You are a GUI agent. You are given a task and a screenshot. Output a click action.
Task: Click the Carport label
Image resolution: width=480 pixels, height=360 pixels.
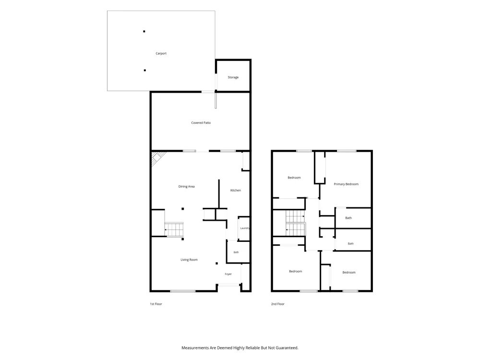pyautogui.click(x=161, y=53)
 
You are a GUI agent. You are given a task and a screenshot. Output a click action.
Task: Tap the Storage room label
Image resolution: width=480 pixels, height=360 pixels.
pyautogui.click(x=233, y=77)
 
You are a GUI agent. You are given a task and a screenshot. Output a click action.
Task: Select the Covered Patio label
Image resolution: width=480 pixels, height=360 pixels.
pyautogui.click(x=201, y=123)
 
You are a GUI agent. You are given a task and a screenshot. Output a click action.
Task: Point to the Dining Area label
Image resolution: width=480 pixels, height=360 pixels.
pyautogui.click(x=186, y=186)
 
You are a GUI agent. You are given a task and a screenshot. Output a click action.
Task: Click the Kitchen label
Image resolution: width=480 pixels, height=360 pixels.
pyautogui.click(x=235, y=191)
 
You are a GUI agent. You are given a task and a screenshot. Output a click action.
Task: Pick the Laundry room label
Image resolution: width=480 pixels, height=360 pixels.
pyautogui.click(x=245, y=228)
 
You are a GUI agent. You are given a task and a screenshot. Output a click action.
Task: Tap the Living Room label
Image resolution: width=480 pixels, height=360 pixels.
pyautogui.click(x=189, y=260)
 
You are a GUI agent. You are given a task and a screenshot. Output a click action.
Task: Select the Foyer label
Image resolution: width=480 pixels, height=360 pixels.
pyautogui.click(x=228, y=274)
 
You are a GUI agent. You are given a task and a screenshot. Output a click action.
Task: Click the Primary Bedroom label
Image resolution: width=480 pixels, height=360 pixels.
pyautogui.click(x=346, y=184)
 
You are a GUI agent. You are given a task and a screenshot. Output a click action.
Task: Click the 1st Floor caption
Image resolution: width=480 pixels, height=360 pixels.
pyautogui.click(x=156, y=304)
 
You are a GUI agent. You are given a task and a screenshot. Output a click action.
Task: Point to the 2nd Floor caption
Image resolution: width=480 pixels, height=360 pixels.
pyautogui.click(x=277, y=304)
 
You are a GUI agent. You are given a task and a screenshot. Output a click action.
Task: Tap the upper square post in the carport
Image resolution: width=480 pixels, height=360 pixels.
pyautogui.click(x=144, y=31)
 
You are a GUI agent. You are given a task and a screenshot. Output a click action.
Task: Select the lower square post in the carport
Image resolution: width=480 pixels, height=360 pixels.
pyautogui.click(x=145, y=71)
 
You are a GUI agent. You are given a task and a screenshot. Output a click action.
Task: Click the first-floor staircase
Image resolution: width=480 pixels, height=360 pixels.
pyautogui.click(x=174, y=229)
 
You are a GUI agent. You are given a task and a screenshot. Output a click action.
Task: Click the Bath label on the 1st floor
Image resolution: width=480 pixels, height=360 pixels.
pyautogui.click(x=236, y=252)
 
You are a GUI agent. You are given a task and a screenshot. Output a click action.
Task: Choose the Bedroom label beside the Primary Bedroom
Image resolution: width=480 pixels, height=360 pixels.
pyautogui.click(x=294, y=178)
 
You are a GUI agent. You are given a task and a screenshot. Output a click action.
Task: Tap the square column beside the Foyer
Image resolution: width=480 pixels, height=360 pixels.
pyautogui.click(x=217, y=263)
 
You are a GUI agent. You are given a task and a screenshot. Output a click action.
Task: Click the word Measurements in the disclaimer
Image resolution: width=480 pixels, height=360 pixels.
pyautogui.click(x=195, y=348)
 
